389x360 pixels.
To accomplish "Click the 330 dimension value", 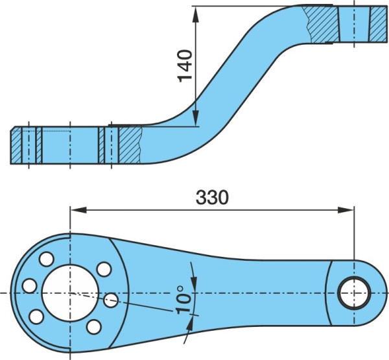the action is coord(212,198).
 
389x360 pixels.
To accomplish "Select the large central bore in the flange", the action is coord(71,293).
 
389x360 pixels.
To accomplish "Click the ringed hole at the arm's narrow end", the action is coord(354,293).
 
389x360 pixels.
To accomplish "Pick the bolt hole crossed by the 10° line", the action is coord(111,300).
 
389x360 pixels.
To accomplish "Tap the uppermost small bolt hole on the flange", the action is coord(47,259).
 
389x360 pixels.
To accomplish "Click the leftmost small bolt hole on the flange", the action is coord(30,286).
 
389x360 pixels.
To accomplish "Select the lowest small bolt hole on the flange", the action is coord(94,327).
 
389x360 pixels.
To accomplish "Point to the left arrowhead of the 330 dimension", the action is coord(78,210).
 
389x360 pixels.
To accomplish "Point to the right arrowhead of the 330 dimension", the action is coord(346,210).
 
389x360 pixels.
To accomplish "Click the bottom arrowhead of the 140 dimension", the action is coord(196,117).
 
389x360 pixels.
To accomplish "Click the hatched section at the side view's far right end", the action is coord(378,24).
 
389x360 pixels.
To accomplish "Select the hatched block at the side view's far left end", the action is coord(16,145).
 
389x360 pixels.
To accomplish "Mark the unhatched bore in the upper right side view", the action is coord(354,24).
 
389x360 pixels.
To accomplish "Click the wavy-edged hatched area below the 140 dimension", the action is coord(130,145).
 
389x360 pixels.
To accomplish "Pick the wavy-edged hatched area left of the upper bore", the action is coord(322,24).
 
